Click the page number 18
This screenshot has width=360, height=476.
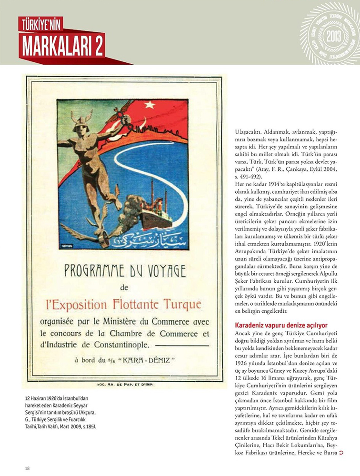(27, 468)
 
